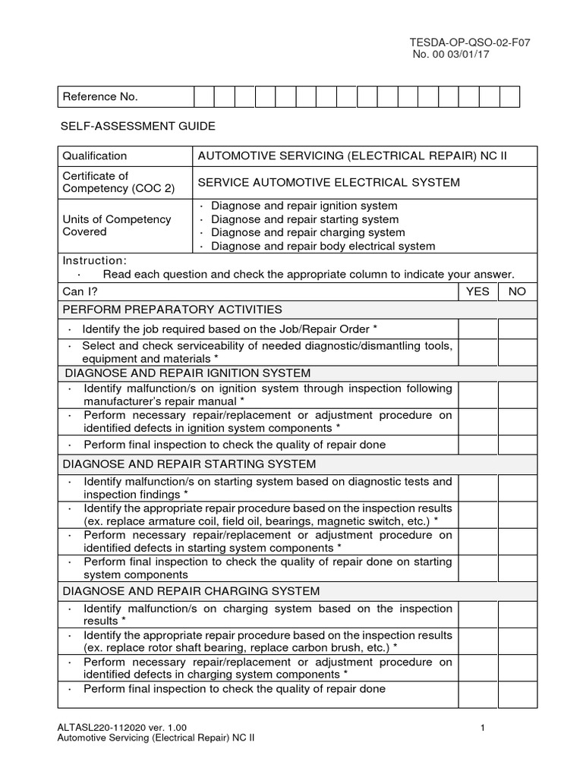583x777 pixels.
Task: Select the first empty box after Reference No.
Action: pyautogui.click(x=203, y=97)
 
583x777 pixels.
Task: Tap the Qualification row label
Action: pyautogui.click(x=95, y=156)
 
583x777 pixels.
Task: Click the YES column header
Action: pyautogui.click(x=477, y=291)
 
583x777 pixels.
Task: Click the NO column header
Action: pyautogui.click(x=517, y=291)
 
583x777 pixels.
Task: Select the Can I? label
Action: pyautogui.click(x=80, y=291)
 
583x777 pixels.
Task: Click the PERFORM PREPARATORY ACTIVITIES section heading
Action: pyautogui.click(x=172, y=310)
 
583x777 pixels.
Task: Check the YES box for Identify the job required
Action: pyautogui.click(x=477, y=329)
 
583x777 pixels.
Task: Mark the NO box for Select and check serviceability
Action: pyautogui.click(x=517, y=352)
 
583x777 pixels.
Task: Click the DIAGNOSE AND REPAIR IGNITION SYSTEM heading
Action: pyautogui.click(x=188, y=373)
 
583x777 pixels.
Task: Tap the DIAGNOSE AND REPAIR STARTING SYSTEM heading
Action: pyautogui.click(x=190, y=464)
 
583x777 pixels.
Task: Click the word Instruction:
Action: pyautogui.click(x=94, y=260)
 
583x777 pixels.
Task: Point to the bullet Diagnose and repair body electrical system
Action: pyautogui.click(x=323, y=246)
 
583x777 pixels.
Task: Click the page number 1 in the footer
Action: pyautogui.click(x=483, y=729)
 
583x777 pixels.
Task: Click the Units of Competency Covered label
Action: pyautogui.click(x=116, y=225)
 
